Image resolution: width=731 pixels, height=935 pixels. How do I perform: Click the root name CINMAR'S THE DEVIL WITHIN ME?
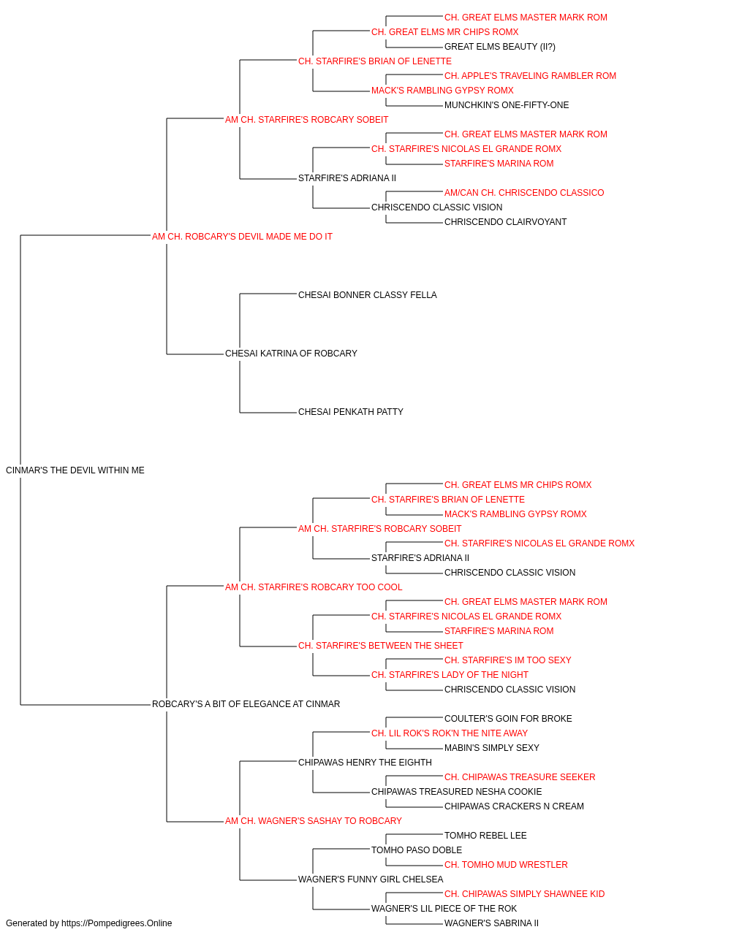(x=75, y=470)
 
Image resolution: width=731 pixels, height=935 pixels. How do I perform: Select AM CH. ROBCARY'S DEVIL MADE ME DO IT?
(x=242, y=237)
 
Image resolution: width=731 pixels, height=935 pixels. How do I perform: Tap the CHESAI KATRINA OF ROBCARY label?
(x=291, y=354)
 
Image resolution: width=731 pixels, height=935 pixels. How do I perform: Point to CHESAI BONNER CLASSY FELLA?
(x=367, y=294)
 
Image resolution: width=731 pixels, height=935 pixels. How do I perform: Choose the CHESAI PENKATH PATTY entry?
(x=350, y=412)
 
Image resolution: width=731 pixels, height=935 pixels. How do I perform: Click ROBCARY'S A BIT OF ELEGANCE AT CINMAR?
(x=246, y=704)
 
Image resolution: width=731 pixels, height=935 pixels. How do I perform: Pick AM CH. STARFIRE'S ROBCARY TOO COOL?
(x=314, y=587)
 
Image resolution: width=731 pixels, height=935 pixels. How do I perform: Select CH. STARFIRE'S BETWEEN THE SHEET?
(x=381, y=646)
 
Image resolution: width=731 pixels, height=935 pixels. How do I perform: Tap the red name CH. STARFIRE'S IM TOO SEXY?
(x=507, y=660)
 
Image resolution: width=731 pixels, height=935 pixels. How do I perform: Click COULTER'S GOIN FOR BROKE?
(x=508, y=719)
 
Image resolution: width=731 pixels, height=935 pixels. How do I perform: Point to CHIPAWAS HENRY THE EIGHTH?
(x=365, y=763)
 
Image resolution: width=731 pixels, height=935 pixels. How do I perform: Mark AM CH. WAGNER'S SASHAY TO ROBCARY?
(x=313, y=821)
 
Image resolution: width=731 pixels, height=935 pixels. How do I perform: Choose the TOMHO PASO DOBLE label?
(x=416, y=850)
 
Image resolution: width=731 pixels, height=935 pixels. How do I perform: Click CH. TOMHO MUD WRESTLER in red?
(x=506, y=865)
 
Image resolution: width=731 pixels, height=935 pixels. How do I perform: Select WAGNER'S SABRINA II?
(x=491, y=923)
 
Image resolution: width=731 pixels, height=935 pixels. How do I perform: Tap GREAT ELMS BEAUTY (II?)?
(x=500, y=47)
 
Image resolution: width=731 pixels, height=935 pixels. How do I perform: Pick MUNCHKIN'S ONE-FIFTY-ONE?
(x=507, y=105)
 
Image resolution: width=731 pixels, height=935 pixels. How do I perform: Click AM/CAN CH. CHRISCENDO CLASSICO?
(x=524, y=193)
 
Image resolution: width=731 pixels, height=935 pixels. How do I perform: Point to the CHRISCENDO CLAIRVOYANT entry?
(x=505, y=222)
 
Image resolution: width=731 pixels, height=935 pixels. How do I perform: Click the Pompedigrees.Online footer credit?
(x=88, y=923)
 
